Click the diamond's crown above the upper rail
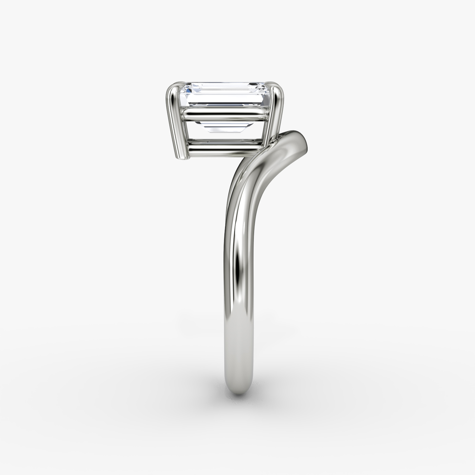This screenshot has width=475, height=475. (222, 97)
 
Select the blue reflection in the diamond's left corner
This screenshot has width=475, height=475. (187, 90)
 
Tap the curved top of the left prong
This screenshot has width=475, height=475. (174, 87)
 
